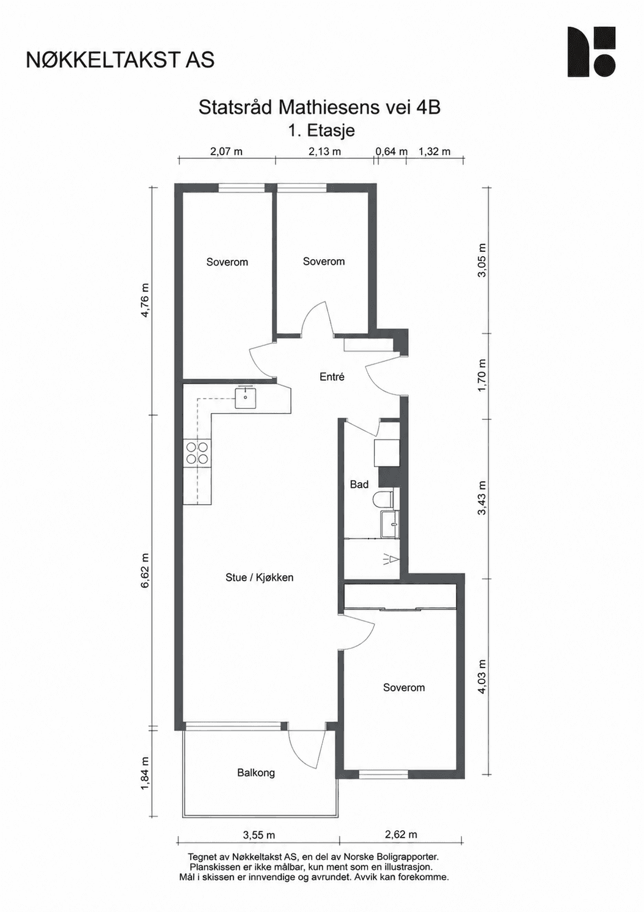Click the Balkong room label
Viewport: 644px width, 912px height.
pyautogui.click(x=256, y=773)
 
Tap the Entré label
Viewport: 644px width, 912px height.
pyautogui.click(x=332, y=377)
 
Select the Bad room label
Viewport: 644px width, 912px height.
pyautogui.click(x=359, y=484)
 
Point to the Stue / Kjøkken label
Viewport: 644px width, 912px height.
pyautogui.click(x=259, y=577)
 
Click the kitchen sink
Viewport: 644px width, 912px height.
pyautogui.click(x=246, y=398)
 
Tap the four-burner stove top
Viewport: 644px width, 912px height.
pyautogui.click(x=197, y=453)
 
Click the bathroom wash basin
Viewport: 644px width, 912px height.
pyautogui.click(x=390, y=524)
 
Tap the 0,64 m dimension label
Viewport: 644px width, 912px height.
pyautogui.click(x=391, y=152)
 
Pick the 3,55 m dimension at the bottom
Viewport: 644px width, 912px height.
pyautogui.click(x=259, y=843)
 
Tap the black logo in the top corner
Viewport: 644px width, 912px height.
pyautogui.click(x=591, y=52)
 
